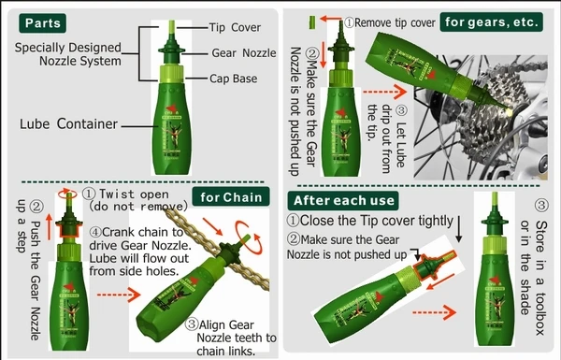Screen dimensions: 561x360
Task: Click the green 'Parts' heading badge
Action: tap(43, 23)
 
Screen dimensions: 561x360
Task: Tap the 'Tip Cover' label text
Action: tap(235, 27)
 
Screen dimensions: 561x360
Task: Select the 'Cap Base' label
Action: tap(233, 79)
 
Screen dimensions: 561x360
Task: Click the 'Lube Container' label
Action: tap(68, 123)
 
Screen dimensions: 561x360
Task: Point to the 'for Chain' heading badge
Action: tap(231, 196)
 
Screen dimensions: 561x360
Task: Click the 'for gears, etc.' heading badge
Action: tap(492, 22)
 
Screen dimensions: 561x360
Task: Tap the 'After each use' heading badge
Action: tap(343, 200)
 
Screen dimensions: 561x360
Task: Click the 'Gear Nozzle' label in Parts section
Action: tap(244, 53)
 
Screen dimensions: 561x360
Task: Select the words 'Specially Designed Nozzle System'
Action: tap(68, 54)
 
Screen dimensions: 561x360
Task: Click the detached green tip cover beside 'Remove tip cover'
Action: tap(312, 22)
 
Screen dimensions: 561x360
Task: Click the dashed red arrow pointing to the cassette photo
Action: tap(385, 92)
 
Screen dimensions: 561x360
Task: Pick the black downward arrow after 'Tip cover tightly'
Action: tap(459, 228)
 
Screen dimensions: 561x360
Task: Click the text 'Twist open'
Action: tap(134, 194)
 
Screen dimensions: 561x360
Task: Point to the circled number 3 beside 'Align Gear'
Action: tap(192, 324)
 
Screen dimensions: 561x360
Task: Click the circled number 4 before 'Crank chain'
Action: tap(95, 232)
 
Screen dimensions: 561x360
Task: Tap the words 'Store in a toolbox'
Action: tap(541, 278)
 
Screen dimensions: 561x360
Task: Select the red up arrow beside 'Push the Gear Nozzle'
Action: tap(49, 227)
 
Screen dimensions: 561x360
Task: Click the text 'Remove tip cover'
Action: tap(395, 22)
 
